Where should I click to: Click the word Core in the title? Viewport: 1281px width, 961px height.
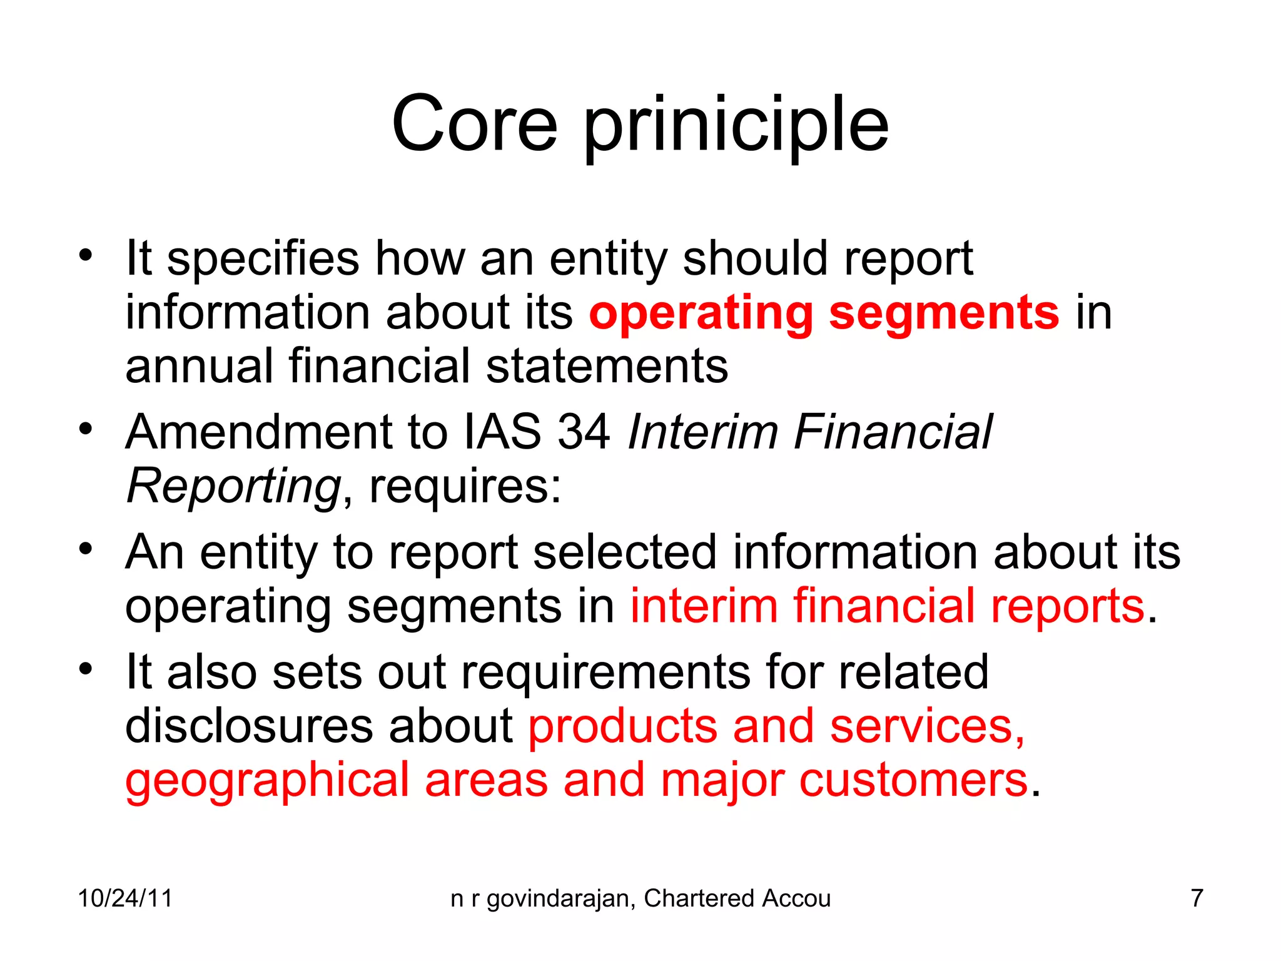click(x=474, y=123)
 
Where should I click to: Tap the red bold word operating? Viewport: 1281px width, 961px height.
click(x=701, y=313)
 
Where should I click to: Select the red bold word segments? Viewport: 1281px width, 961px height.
click(x=944, y=313)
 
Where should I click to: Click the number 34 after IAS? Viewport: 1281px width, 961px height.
click(x=584, y=432)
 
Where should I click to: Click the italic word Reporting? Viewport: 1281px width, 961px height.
click(x=233, y=487)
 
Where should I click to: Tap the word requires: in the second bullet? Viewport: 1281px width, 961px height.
click(x=465, y=487)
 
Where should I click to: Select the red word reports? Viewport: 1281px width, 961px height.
click(x=1067, y=606)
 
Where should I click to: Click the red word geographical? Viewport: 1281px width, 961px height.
click(x=267, y=781)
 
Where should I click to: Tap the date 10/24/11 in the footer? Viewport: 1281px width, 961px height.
click(x=125, y=898)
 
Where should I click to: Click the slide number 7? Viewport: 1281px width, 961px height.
click(x=1197, y=898)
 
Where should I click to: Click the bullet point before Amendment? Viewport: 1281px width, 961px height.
click(x=86, y=429)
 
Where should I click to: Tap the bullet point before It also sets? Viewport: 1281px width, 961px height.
click(x=86, y=669)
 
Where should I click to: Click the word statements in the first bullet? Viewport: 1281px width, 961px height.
click(x=607, y=367)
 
